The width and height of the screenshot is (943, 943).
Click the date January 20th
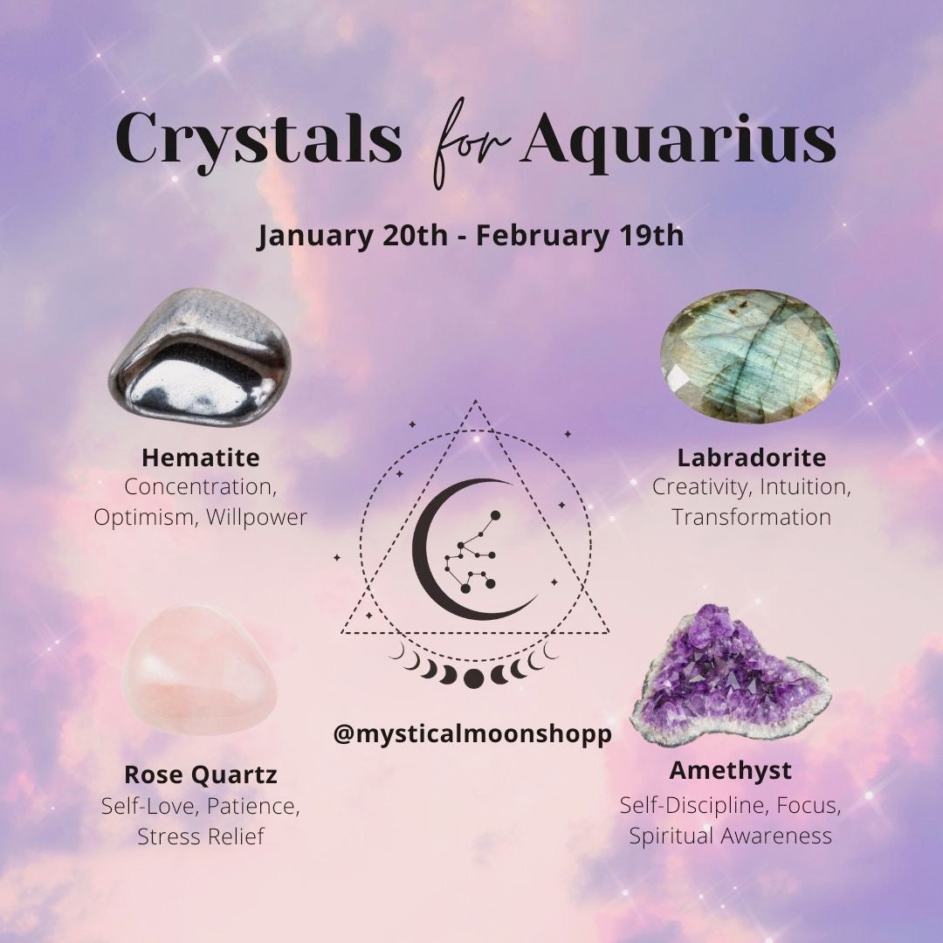point(353,235)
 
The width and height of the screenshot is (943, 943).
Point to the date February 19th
point(580,235)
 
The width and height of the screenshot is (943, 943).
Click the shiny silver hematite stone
point(200,357)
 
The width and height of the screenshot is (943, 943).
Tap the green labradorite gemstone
point(750,356)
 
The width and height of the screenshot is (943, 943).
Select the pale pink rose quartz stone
point(200,670)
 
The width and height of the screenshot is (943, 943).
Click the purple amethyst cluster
point(730,678)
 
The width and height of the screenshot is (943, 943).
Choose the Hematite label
point(201,458)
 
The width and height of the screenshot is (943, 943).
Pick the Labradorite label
point(752,458)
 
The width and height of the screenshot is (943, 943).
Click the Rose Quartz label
point(200,774)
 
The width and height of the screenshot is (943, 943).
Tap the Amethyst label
point(730,771)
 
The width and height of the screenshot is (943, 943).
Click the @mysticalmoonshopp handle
point(472,733)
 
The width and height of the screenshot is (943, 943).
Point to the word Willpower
point(257,517)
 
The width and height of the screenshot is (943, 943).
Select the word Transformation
point(752,517)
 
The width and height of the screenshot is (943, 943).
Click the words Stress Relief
point(201,836)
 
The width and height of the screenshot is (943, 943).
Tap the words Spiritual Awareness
point(731,836)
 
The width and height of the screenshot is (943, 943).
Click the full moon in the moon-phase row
point(473,678)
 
